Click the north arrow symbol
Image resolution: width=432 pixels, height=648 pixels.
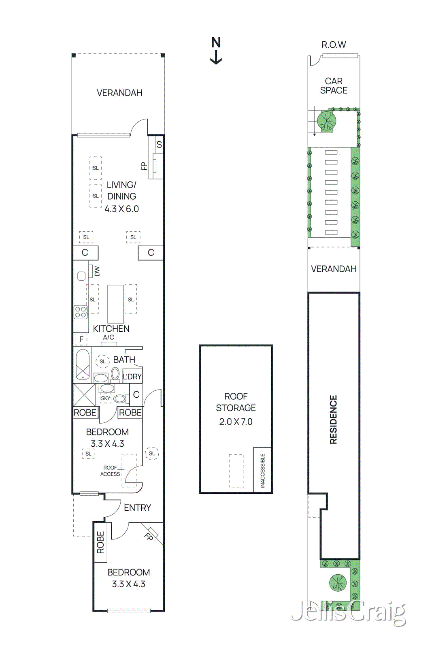pyautogui.click(x=216, y=51)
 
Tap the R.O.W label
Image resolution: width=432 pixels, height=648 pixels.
pyautogui.click(x=334, y=45)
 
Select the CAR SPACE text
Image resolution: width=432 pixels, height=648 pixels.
pyautogui.click(x=334, y=86)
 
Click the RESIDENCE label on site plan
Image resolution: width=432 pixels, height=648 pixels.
pyautogui.click(x=333, y=420)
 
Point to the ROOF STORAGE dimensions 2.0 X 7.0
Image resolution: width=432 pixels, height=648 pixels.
pyautogui.click(x=236, y=422)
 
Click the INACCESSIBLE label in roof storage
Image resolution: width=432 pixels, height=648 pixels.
pyautogui.click(x=262, y=470)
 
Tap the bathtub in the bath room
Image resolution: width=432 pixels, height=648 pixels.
pyautogui.click(x=83, y=364)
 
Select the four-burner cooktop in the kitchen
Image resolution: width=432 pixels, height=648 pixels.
pyautogui.click(x=81, y=312)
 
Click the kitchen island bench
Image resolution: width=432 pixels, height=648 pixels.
pyautogui.click(x=115, y=304)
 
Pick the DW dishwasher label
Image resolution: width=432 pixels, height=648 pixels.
pyautogui.click(x=97, y=271)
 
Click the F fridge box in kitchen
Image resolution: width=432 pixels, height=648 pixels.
pyautogui.click(x=81, y=339)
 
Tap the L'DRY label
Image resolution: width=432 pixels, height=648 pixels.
pyautogui.click(x=132, y=377)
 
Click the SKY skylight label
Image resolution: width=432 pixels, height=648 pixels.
pyautogui.click(x=106, y=398)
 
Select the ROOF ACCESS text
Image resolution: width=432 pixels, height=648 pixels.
pyautogui.click(x=110, y=471)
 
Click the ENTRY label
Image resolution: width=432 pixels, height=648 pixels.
pyautogui.click(x=137, y=507)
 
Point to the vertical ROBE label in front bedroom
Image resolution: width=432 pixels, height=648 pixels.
pyautogui.click(x=100, y=543)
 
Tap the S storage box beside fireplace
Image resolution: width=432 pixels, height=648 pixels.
pyautogui.click(x=159, y=145)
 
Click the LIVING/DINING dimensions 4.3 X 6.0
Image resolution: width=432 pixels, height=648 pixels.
pyautogui.click(x=121, y=209)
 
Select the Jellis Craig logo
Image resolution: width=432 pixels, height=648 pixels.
pyautogui.click(x=348, y=612)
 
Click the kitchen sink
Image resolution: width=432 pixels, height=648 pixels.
pyautogui.click(x=81, y=276)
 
